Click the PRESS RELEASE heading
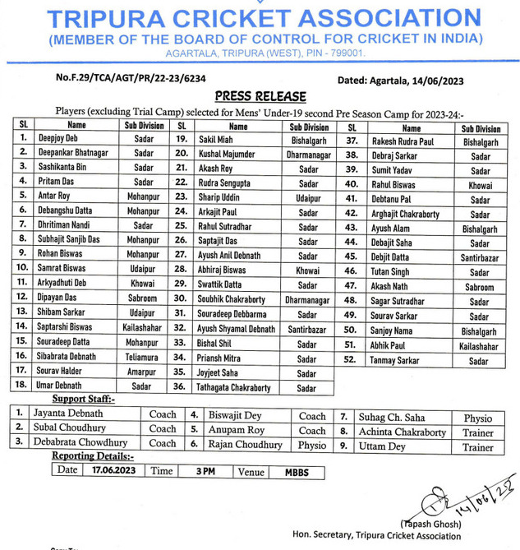pyautogui.click(x=260, y=96)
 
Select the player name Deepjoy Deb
pyautogui.click(x=59, y=140)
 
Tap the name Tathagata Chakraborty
pyautogui.click(x=234, y=387)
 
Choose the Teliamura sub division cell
pyautogui.click(x=144, y=357)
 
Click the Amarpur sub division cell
pyautogui.click(x=143, y=372)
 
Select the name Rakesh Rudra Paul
pyautogui.click(x=405, y=141)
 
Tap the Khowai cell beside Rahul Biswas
pyautogui.click(x=480, y=186)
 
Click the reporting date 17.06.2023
pyautogui.click(x=114, y=471)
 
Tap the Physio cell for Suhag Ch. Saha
pyautogui.click(x=477, y=418)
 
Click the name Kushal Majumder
pyautogui.click(x=228, y=155)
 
